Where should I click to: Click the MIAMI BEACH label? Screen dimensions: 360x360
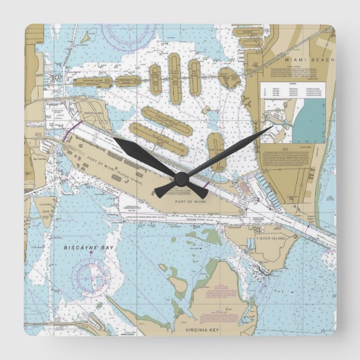[x=309, y=59]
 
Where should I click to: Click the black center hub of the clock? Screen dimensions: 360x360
[x=180, y=179]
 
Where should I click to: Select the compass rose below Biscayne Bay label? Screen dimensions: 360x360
[x=93, y=277]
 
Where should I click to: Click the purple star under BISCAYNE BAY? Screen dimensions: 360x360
[x=91, y=253]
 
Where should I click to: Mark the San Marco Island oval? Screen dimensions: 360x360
[x=128, y=81]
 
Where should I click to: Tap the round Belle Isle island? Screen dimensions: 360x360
[x=229, y=78]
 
